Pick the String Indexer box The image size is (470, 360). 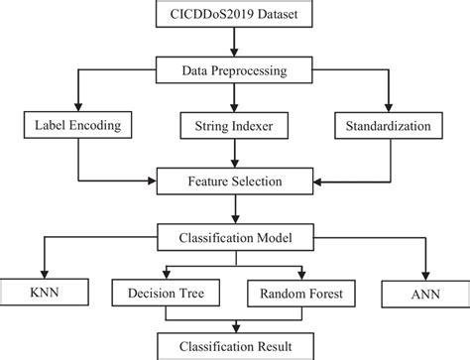(234, 126)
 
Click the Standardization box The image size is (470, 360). (390, 126)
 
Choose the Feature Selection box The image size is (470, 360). (234, 182)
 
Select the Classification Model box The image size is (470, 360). (234, 238)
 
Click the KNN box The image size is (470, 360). (43, 294)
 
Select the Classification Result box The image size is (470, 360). (234, 346)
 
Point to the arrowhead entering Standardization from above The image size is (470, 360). (390, 108)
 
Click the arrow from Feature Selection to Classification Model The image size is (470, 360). (234, 210)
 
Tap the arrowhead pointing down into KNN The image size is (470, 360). (43, 276)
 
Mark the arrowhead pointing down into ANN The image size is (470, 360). (425, 276)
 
